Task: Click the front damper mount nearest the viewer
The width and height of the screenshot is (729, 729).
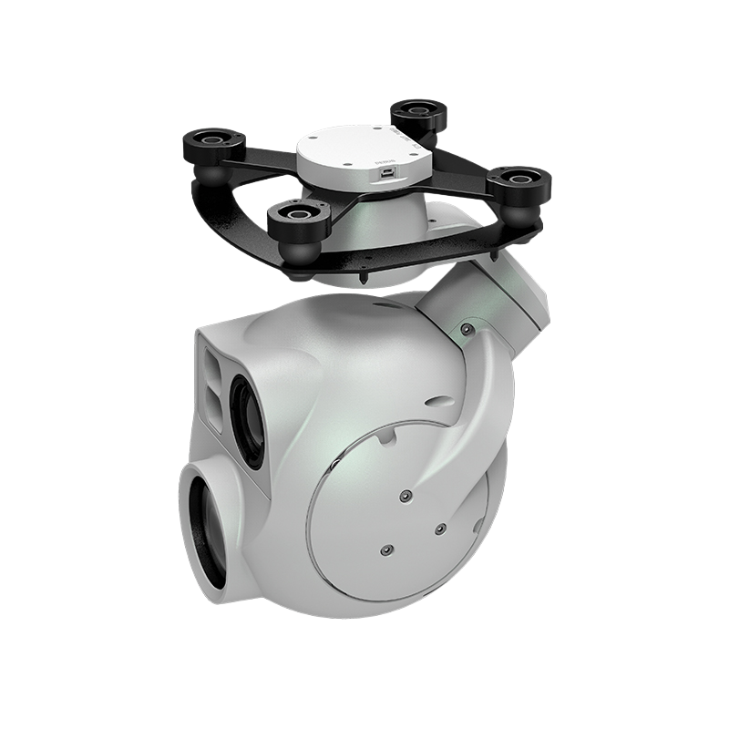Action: [x=293, y=218]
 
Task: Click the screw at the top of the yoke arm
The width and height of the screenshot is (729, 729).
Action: [x=467, y=329]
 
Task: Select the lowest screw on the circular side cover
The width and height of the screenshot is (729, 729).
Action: [x=385, y=550]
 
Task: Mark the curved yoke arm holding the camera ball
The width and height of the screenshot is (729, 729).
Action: [x=488, y=392]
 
